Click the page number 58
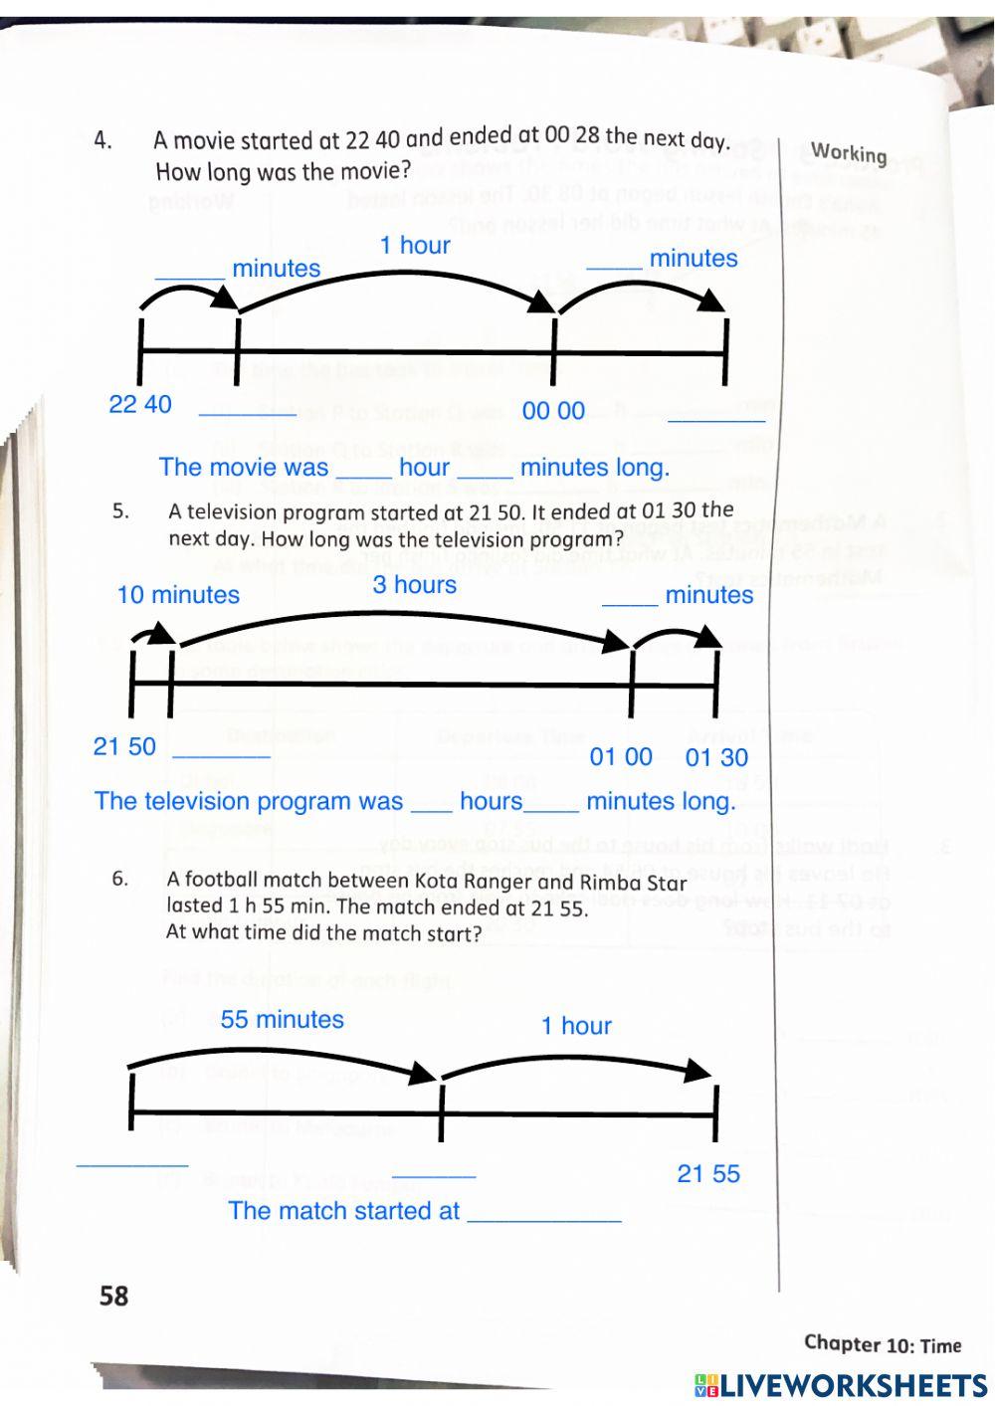pyautogui.click(x=114, y=1295)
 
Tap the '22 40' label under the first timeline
pyautogui.click(x=140, y=404)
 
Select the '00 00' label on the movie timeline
pyautogui.click(x=553, y=411)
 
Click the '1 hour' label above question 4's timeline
pyautogui.click(x=415, y=245)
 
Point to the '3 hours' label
pyautogui.click(x=415, y=584)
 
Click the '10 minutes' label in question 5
pyautogui.click(x=178, y=595)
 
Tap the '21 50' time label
pyautogui.click(x=124, y=746)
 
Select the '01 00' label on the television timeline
pyautogui.click(x=621, y=757)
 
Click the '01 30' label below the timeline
pyautogui.click(x=716, y=757)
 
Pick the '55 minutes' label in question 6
pyautogui.click(x=283, y=1019)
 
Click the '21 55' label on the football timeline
pyautogui.click(x=708, y=1174)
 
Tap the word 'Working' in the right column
pyautogui.click(x=848, y=152)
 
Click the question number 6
pyautogui.click(x=120, y=879)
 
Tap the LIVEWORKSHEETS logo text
pyautogui.click(x=854, y=1386)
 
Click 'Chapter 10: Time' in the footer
pyautogui.click(x=883, y=1344)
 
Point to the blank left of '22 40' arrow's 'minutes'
pyautogui.click(x=189, y=270)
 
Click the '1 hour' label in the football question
pyautogui.click(x=576, y=1026)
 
